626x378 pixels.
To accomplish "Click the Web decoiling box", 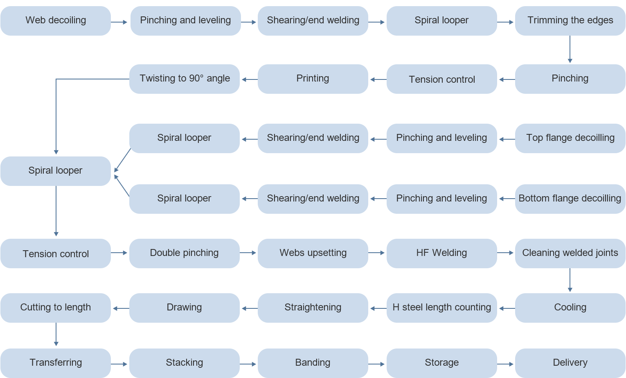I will [x=56, y=20].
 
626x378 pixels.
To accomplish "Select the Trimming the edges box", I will [x=570, y=20].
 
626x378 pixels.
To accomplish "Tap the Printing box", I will [x=313, y=79].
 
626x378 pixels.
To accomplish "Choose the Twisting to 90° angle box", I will [x=185, y=79].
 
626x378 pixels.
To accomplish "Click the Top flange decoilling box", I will [x=570, y=138].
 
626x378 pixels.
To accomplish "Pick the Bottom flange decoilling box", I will [x=570, y=199].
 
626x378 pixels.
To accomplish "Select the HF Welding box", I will [x=441, y=253].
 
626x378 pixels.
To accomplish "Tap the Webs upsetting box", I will [x=313, y=253].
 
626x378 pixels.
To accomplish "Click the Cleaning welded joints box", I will [x=570, y=253].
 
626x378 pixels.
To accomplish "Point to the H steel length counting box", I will [x=441, y=308].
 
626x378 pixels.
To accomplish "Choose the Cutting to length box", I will [x=56, y=308].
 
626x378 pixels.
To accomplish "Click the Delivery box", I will [x=570, y=363].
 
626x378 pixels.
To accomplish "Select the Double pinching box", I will [x=185, y=253].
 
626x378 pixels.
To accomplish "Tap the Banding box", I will [x=313, y=363].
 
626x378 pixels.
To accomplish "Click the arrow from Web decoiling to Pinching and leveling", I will [x=119, y=22].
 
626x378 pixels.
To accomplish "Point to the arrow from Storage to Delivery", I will [x=506, y=364].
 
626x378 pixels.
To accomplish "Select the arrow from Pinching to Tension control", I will [x=507, y=79].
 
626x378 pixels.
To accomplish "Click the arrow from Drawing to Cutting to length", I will [x=121, y=308].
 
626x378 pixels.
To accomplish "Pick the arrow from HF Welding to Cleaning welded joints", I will [x=506, y=253].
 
